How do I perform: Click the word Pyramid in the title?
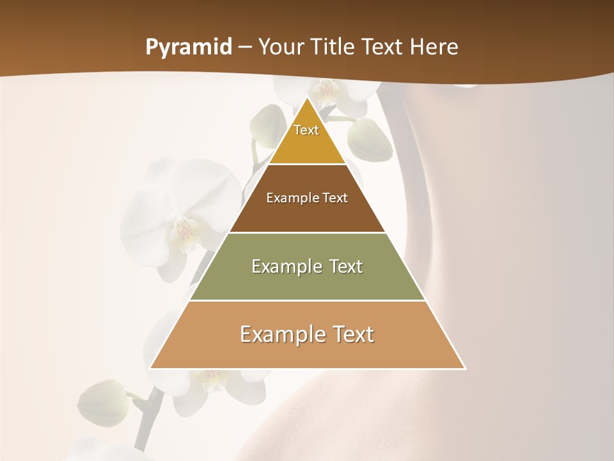click(x=189, y=47)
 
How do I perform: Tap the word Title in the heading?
click(x=336, y=47)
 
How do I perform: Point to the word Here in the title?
click(x=434, y=47)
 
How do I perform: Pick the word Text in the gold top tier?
click(x=306, y=130)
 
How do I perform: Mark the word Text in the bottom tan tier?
click(x=353, y=334)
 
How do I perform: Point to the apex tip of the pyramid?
click(x=307, y=97)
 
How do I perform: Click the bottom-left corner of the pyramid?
click(x=150, y=369)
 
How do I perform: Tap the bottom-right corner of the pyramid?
click(x=465, y=369)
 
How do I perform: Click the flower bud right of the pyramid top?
click(x=370, y=139)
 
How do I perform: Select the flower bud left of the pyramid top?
click(x=267, y=125)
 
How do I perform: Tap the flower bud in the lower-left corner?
click(x=103, y=403)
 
